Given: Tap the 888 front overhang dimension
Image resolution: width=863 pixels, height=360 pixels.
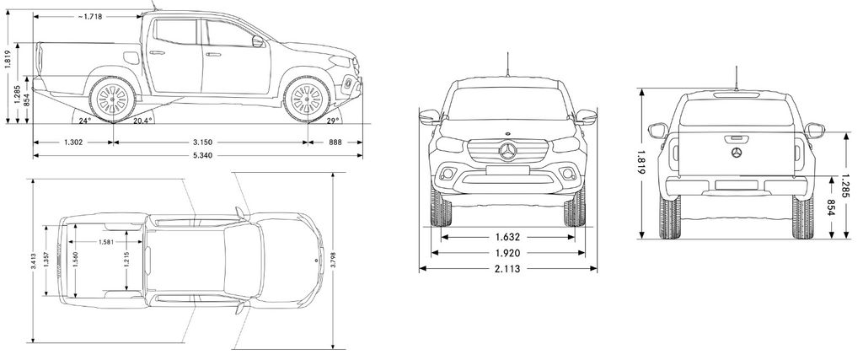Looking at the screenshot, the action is coord(335,142).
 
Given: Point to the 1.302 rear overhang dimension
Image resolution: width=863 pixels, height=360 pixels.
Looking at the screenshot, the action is coord(73,142).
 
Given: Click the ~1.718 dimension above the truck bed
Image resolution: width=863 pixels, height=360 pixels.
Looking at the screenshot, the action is coord(89,17).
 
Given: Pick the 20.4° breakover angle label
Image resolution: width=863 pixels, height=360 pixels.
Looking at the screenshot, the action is coord(142,120).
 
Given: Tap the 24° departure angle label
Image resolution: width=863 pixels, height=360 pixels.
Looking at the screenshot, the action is coord(84,120).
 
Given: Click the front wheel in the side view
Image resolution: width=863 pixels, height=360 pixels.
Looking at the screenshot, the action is coord(307,99).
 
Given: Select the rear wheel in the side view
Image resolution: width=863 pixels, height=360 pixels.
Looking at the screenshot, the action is coord(112,99).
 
